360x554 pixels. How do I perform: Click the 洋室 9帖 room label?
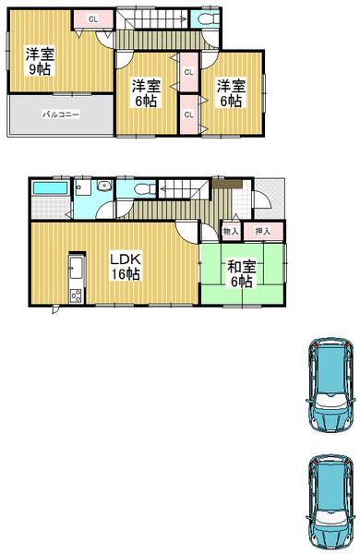coord(39,63)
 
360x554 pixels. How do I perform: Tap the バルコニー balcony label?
coord(61,115)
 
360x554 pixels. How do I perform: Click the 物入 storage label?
coord(231,231)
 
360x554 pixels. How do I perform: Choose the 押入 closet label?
coord(263,231)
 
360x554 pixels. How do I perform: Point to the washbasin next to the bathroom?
coord(104,186)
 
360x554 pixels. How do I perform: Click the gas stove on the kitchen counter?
coord(75,295)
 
